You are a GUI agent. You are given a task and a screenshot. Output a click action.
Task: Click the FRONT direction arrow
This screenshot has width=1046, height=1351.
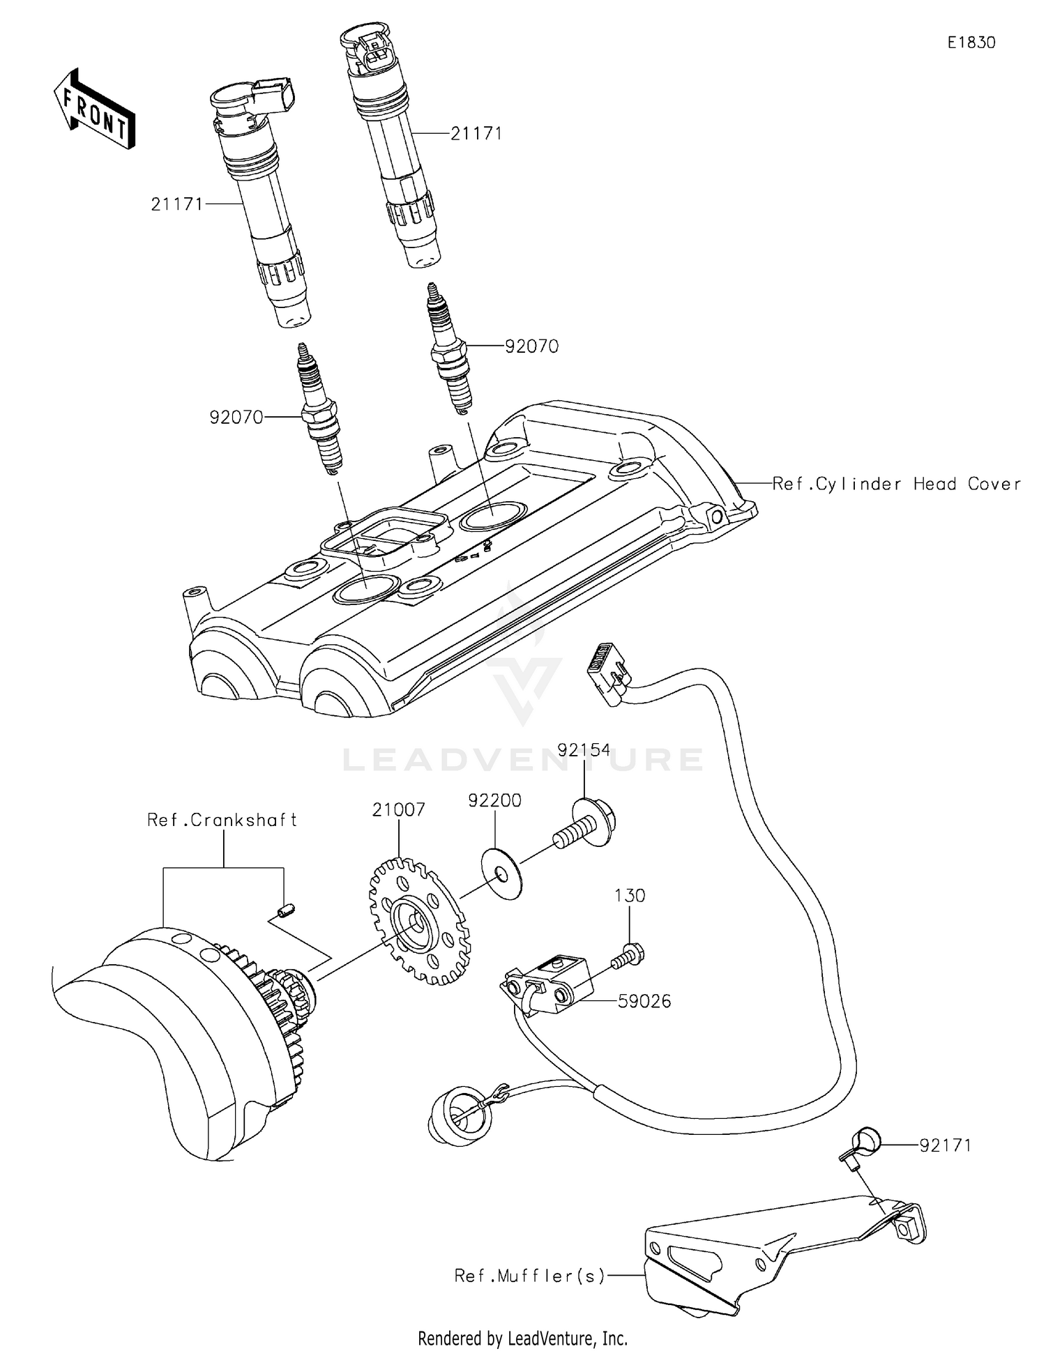coord(93,109)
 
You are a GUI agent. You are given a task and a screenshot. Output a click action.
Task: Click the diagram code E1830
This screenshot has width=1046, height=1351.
coord(971,43)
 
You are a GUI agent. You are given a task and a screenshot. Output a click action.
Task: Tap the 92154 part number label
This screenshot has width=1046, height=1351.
coord(584,750)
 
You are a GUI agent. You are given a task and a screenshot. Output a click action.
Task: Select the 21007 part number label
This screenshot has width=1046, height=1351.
coord(398,810)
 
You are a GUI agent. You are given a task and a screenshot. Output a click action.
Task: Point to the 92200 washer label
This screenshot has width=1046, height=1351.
coord(494,800)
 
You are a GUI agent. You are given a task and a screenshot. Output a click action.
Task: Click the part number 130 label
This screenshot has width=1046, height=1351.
coord(630,895)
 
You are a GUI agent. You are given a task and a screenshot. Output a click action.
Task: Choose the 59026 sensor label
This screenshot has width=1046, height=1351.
coord(644,1001)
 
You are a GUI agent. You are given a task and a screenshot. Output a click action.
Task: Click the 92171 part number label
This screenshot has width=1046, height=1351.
coord(945,1145)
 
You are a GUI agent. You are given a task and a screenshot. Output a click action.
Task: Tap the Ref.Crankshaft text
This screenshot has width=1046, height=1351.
coord(222,820)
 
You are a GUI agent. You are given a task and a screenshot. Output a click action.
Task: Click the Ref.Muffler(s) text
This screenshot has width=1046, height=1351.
coord(529,1276)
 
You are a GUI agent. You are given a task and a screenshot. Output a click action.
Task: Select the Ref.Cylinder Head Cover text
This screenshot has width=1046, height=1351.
coord(897,484)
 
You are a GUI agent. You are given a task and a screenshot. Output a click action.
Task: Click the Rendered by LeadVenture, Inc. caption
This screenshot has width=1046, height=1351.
coord(522,1338)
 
